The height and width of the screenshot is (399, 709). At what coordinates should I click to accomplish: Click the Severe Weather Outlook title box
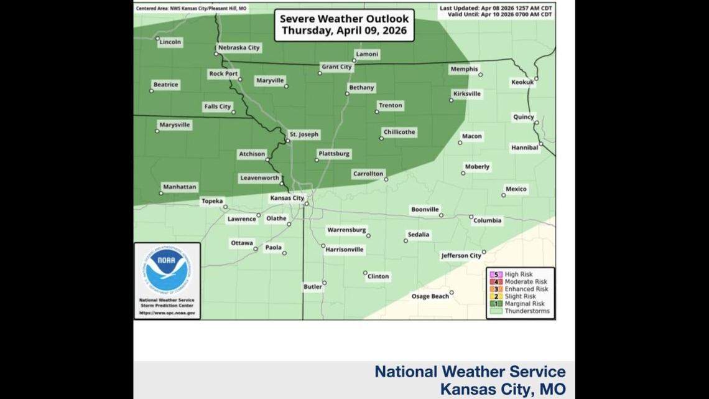click(345, 26)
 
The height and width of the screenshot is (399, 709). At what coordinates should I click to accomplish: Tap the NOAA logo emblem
click(167, 270)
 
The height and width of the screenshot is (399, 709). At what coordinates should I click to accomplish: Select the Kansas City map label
click(287, 198)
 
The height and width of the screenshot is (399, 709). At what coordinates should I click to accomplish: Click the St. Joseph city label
click(304, 134)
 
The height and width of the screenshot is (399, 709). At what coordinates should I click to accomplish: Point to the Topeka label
click(210, 201)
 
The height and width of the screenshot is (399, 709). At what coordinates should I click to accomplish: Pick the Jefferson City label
click(461, 255)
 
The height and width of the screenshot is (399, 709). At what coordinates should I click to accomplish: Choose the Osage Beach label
click(430, 296)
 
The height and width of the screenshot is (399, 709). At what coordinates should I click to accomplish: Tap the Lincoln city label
click(170, 42)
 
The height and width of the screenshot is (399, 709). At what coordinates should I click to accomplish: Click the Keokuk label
click(522, 82)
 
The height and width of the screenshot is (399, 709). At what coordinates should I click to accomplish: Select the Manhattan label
click(179, 187)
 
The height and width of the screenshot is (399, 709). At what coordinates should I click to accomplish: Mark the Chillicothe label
click(399, 132)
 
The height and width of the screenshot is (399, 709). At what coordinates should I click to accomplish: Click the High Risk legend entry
click(519, 275)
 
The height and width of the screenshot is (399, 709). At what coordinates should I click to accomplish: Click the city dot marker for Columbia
click(471, 217)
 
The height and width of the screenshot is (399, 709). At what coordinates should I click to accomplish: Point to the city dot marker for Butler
click(324, 283)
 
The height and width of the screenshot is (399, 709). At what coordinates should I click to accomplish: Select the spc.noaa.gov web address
click(167, 313)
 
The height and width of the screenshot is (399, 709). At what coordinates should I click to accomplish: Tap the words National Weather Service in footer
click(470, 372)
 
